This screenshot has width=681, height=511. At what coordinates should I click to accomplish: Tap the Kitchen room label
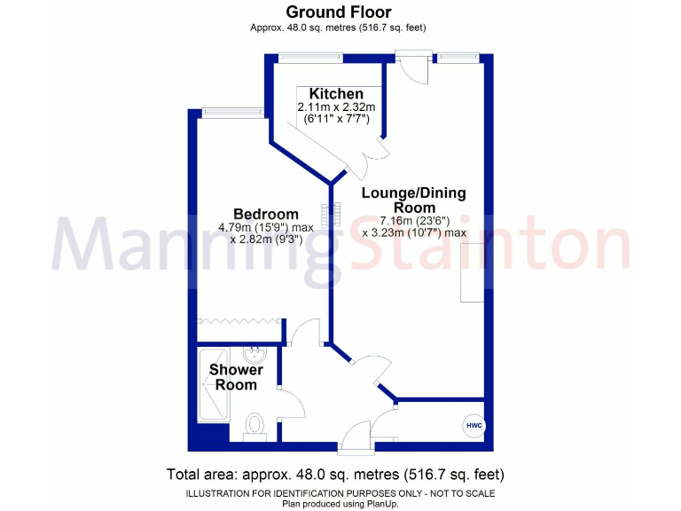tap(335, 94)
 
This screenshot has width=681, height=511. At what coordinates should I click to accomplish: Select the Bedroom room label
tap(265, 214)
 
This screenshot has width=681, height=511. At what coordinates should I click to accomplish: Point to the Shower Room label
tap(236, 377)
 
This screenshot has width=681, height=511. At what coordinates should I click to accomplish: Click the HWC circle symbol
tap(474, 426)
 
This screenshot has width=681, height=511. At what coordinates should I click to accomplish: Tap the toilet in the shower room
tap(255, 426)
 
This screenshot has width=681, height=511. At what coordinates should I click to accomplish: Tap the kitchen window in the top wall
tap(310, 58)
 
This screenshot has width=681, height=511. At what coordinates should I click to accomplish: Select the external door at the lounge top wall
tap(411, 64)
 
